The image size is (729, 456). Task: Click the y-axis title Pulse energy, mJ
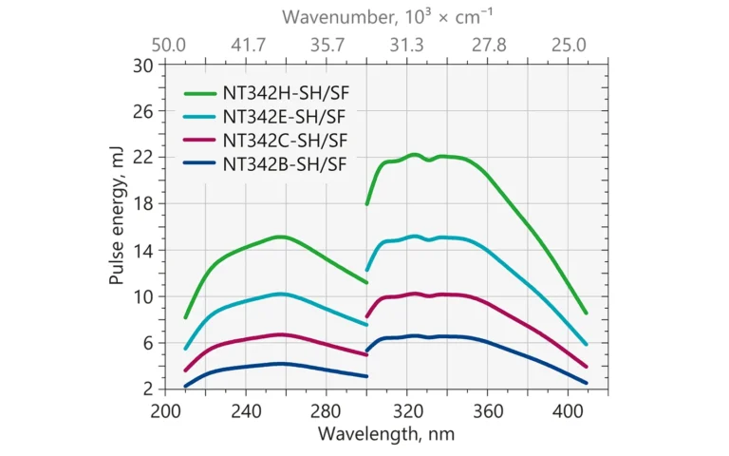117,226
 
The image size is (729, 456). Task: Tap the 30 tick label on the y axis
143,65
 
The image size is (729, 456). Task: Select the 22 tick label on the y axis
143,158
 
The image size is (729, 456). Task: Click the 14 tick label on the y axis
143,250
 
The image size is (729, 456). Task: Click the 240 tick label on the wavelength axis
246,411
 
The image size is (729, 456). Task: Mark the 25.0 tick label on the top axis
570,44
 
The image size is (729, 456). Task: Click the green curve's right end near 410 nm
586,313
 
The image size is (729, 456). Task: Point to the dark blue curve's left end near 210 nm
186,386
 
